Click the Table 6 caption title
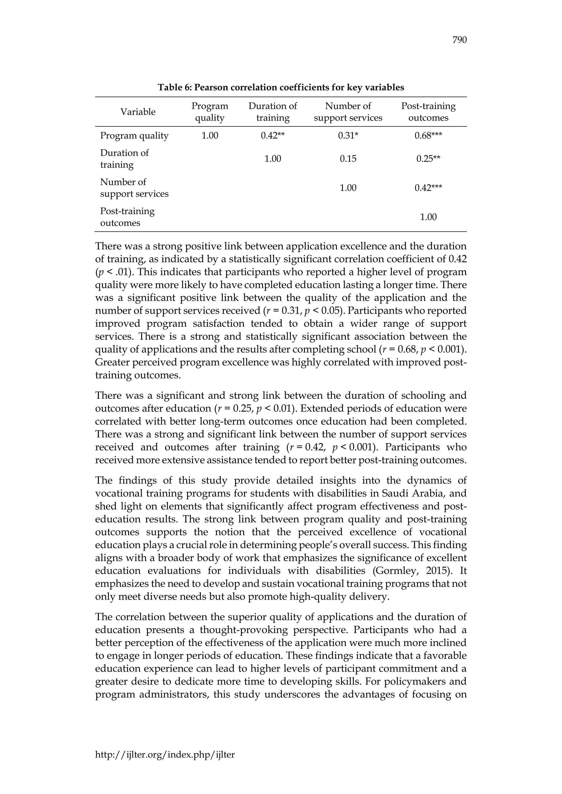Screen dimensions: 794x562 pyautogui.click(x=281, y=87)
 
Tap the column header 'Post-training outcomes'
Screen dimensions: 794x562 pyautogui.click(x=428, y=112)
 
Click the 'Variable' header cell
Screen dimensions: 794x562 pyautogui.click(x=138, y=112)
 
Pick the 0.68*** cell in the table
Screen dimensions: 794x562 pyautogui.click(x=428, y=135)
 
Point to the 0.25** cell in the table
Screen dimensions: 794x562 pyautogui.click(x=428, y=159)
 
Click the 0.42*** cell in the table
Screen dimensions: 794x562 pyautogui.click(x=428, y=188)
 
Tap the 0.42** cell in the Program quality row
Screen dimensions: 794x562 pyautogui.click(x=273, y=135)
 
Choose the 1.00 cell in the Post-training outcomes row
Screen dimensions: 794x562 pyautogui.click(x=428, y=217)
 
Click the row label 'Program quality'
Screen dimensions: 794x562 pyautogui.click(x=134, y=135)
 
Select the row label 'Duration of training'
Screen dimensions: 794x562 pyautogui.click(x=124, y=159)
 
